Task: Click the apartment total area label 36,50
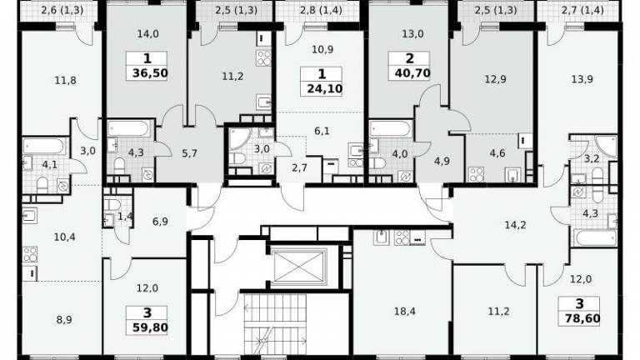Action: (x=150, y=73)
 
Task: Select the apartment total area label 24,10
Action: (x=324, y=88)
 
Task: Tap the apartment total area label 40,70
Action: (x=412, y=73)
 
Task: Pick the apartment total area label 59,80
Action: (x=150, y=327)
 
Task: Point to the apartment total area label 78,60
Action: (x=582, y=318)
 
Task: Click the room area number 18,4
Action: (x=404, y=312)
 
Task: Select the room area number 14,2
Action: (x=515, y=225)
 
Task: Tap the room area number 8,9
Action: (x=64, y=320)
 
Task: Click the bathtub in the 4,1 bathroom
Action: (x=43, y=146)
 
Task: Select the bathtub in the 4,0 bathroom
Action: (x=390, y=128)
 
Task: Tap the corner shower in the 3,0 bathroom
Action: (x=241, y=139)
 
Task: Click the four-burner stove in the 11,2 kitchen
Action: (x=263, y=58)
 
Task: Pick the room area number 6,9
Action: (x=160, y=222)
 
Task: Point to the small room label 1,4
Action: (x=125, y=217)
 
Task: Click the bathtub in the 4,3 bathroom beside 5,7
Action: (x=129, y=128)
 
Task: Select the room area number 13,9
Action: (x=582, y=80)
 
